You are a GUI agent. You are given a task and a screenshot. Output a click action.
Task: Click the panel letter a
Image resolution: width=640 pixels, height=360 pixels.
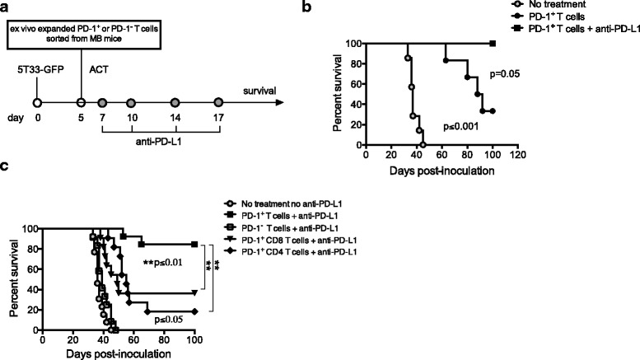click(7, 7)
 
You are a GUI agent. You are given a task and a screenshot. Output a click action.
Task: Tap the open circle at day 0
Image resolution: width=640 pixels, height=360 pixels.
click(37, 103)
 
